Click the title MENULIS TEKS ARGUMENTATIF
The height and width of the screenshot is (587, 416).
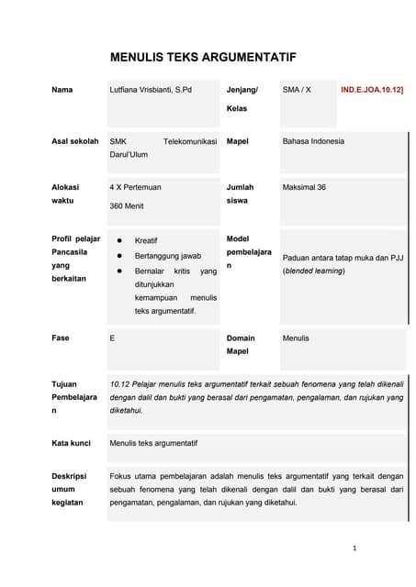[x=203, y=57]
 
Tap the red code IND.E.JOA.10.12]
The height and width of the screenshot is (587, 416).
[x=372, y=91]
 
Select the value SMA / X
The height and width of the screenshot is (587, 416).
[x=298, y=90]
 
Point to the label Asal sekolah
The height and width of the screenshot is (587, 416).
[x=75, y=141]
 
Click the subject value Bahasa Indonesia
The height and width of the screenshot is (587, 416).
[x=313, y=141]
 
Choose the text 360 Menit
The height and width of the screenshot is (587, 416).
[x=127, y=206]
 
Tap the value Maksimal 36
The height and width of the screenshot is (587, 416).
[x=304, y=187]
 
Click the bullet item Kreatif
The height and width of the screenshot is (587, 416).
[x=146, y=240]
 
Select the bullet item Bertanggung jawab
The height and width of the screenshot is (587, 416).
[x=167, y=256]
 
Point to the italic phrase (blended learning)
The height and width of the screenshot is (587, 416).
[x=314, y=271]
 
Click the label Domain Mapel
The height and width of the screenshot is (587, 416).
[x=241, y=344]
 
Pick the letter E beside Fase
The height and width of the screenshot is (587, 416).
[x=112, y=338]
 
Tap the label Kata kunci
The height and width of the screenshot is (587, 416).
[x=72, y=443]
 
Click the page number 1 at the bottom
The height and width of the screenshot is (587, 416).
[x=354, y=548]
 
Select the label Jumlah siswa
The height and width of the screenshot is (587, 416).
[x=240, y=194]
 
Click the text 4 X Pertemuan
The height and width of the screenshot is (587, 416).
[x=135, y=187]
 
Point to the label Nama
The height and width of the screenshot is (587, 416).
[x=62, y=90]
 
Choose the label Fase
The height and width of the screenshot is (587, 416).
[x=61, y=338]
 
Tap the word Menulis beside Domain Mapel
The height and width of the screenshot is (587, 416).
[x=296, y=338]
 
